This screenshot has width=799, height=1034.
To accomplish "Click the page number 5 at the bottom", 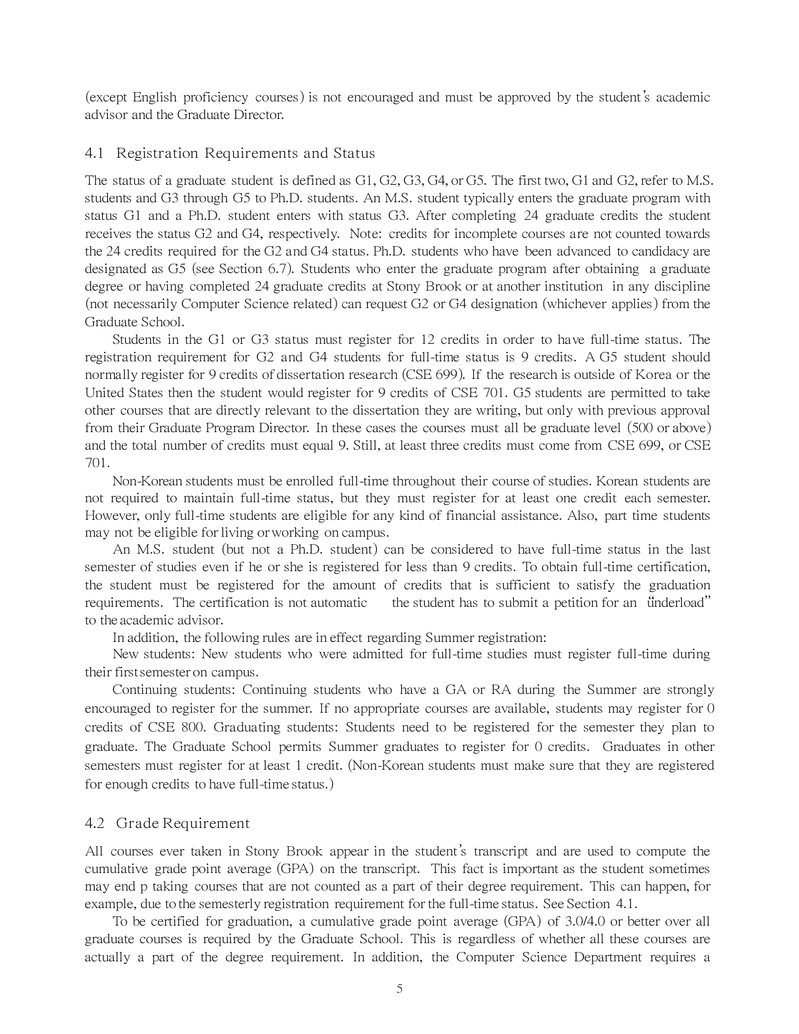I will point(399,990).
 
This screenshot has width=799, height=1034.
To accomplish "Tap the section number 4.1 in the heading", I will point(94,153).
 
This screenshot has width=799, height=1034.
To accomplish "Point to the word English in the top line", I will point(155,97).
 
